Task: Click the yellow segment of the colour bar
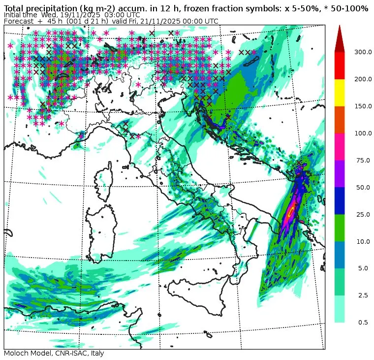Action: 340,92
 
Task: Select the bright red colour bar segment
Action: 340,65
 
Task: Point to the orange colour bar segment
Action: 340,119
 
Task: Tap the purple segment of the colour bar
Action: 340,173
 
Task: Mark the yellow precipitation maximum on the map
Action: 291,211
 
